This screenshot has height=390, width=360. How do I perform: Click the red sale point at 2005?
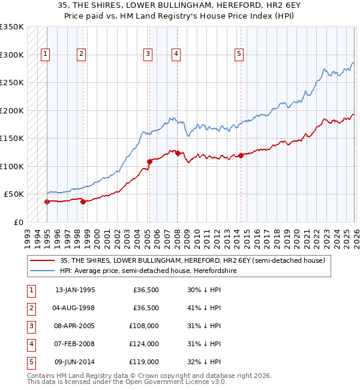149,161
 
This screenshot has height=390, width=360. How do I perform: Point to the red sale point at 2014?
241,155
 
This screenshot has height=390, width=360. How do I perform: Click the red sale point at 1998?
83,202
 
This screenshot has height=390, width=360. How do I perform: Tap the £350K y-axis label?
12,27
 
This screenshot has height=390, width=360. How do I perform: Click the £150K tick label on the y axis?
12,138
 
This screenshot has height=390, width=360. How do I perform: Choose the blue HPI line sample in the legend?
43,271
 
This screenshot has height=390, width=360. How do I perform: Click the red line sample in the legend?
43,260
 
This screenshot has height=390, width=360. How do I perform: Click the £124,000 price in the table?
145,344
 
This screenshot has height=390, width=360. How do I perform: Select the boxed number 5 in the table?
30,362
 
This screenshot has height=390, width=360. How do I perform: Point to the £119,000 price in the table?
145,362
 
